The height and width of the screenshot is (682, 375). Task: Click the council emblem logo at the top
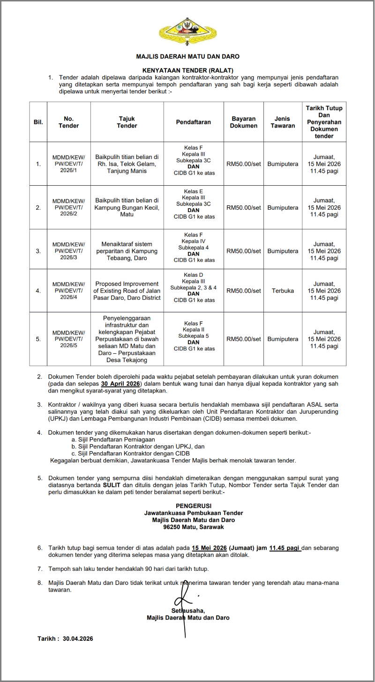click(187, 31)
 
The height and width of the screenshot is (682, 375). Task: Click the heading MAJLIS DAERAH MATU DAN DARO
click(187, 56)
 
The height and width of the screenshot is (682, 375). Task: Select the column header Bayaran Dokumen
click(243, 122)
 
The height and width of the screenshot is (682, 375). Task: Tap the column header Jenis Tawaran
click(283, 122)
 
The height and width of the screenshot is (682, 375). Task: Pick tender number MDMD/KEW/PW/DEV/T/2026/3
click(68, 251)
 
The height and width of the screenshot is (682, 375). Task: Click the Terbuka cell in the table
click(283, 291)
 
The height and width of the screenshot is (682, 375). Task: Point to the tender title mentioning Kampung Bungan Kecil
click(127, 207)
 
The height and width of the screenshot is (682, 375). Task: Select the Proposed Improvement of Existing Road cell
click(127, 291)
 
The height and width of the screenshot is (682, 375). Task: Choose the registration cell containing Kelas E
click(194, 204)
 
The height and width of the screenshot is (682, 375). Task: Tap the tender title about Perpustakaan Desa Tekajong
click(127, 339)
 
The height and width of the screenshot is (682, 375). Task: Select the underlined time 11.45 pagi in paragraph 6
click(285, 548)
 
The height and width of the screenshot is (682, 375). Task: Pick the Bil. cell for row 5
click(38, 339)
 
